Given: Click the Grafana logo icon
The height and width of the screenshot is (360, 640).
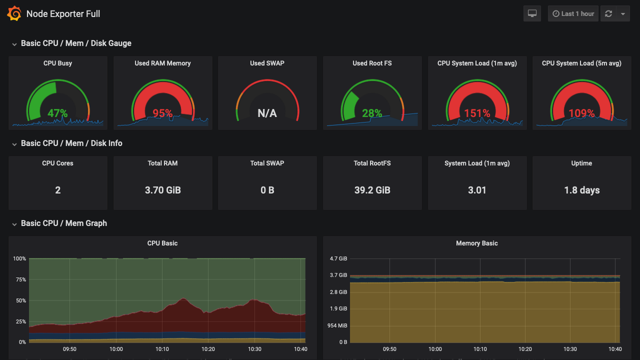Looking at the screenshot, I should (14, 14).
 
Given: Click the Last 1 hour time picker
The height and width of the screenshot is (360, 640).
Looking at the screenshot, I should (573, 14).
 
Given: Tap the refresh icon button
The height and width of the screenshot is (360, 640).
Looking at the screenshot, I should (608, 14).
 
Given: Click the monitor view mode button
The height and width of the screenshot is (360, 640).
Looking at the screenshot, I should (532, 14).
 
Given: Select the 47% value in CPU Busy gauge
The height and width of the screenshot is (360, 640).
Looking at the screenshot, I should (57, 113).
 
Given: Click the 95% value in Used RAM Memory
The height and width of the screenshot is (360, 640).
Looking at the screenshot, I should (162, 113).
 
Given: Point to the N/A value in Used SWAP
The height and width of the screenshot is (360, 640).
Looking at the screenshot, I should (267, 113).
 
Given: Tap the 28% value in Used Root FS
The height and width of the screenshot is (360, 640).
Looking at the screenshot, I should (372, 113).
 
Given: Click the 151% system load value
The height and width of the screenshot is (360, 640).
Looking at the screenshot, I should (477, 113).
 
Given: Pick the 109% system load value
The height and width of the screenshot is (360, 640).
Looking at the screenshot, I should (581, 113).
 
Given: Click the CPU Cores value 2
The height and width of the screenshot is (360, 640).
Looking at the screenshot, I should (57, 190).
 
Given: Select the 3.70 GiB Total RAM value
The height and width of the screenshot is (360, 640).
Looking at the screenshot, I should (162, 190).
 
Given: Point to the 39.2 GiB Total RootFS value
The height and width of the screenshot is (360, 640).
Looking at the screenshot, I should (372, 190).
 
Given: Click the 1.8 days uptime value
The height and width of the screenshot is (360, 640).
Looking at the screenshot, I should (581, 190).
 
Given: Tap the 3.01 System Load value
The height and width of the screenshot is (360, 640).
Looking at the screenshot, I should (477, 190).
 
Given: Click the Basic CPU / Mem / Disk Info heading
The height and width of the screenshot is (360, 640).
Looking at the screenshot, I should (71, 143).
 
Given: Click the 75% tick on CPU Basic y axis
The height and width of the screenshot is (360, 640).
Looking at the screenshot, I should (20, 279).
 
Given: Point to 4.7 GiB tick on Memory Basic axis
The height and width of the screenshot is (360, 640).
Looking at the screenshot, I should (338, 259).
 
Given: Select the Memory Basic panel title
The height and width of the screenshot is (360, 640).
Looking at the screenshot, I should (476, 243).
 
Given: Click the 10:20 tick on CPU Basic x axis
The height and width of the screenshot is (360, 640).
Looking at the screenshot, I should (208, 349).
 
